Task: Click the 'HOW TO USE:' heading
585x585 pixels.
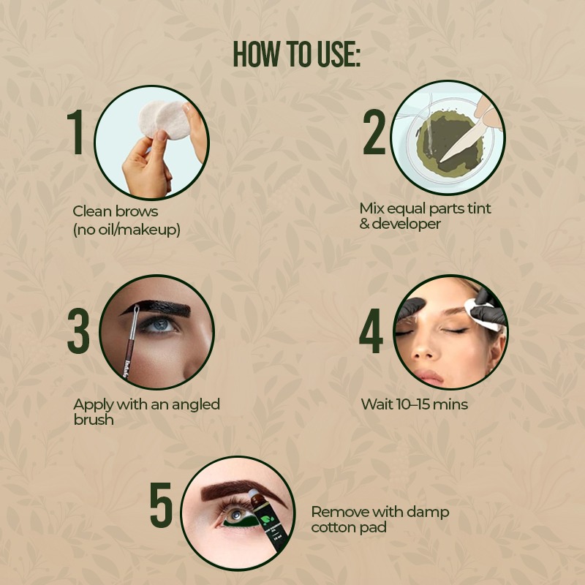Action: pos(297,54)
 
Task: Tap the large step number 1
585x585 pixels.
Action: pos(76,132)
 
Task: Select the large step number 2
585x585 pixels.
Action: pos(374,132)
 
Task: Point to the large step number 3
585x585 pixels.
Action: pos(78,331)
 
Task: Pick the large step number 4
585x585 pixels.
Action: pos(371,331)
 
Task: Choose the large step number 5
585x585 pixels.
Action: pos(161,505)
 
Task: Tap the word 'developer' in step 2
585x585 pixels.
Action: pos(407,224)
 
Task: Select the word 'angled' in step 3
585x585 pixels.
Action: pos(195,405)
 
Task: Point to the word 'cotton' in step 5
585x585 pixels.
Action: pos(332,527)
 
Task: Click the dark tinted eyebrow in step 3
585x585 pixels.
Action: pos(156,308)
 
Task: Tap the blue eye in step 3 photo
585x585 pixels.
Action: pos(159,325)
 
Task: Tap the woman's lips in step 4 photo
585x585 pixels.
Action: pos(430,377)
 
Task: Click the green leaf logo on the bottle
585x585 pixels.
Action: pos(267,520)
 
